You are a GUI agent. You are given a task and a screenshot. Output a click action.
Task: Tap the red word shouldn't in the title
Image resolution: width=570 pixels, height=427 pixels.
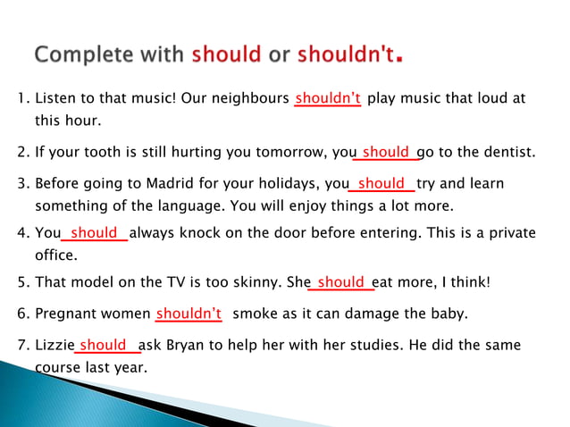pos(345,54)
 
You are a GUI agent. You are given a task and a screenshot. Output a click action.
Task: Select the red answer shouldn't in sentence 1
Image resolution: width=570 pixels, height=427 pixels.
pos(328,98)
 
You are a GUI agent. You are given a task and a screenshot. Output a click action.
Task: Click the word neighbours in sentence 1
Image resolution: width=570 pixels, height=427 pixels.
pos(253,98)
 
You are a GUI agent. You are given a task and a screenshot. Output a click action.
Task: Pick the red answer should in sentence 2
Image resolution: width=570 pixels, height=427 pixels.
pos(386,152)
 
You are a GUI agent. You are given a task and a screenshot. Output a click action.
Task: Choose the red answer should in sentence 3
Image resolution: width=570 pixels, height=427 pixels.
pos(381,184)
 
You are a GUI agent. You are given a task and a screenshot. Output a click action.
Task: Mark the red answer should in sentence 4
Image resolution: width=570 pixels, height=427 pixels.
pos(94,233)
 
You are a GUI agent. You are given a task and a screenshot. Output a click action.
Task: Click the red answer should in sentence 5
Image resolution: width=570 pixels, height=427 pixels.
pos(340,282)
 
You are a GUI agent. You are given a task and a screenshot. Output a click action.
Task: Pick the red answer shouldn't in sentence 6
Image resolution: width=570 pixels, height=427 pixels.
pos(189,314)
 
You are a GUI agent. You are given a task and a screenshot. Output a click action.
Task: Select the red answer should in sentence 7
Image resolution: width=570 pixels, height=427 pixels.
pos(103,345)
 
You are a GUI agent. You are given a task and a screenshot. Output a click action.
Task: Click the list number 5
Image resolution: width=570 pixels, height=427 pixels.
pos(22,282)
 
